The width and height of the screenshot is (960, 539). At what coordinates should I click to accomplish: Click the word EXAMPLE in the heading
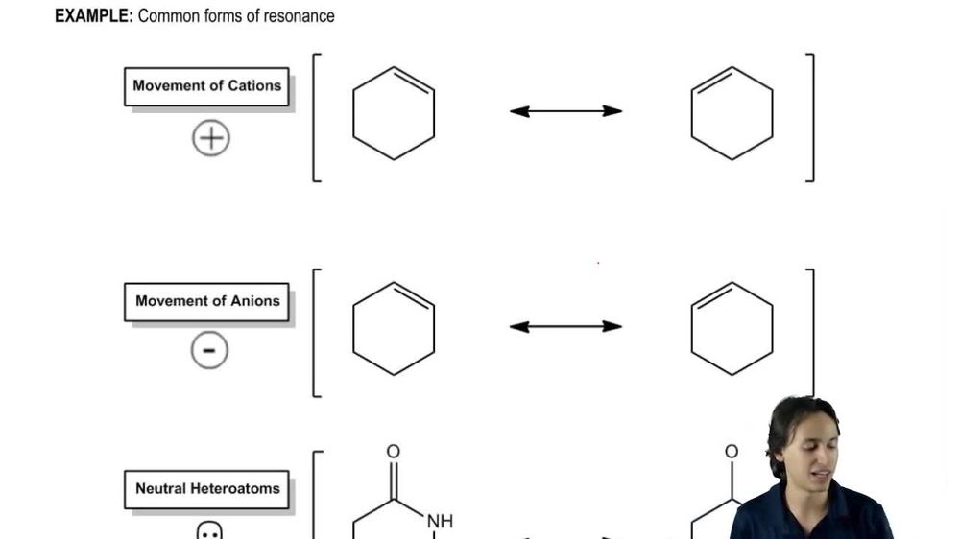click(x=93, y=16)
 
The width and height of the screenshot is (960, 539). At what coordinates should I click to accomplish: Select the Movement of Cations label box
click(x=206, y=85)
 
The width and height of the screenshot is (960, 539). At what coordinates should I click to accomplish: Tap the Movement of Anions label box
click(x=206, y=301)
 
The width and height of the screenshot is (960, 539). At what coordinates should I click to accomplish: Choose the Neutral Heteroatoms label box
click(x=206, y=488)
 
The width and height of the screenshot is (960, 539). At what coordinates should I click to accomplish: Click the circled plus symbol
click(x=210, y=139)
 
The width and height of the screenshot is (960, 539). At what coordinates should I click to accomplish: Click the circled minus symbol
click(x=209, y=352)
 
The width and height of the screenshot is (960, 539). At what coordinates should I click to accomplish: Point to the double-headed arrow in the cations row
click(x=565, y=111)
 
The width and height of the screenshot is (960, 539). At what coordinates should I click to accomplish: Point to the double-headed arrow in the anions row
click(x=565, y=327)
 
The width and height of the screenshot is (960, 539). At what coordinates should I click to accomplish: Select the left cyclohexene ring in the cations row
click(x=394, y=113)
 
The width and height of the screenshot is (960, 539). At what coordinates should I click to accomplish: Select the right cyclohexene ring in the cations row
click(x=732, y=113)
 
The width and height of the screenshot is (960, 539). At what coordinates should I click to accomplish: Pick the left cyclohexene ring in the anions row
click(x=394, y=329)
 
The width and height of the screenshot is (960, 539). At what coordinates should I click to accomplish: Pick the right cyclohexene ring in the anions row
click(x=732, y=329)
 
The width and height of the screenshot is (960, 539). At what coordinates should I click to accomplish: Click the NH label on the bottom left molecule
click(x=440, y=521)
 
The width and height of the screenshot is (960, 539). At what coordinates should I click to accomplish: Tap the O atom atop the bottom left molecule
click(x=393, y=452)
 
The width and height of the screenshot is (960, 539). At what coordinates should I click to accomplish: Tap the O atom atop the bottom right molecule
click(x=732, y=452)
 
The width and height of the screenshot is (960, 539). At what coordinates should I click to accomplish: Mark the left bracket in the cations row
click(x=316, y=117)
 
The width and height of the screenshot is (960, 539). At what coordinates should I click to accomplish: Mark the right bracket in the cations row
click(x=811, y=117)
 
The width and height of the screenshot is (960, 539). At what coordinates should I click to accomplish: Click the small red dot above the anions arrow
click(x=599, y=262)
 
